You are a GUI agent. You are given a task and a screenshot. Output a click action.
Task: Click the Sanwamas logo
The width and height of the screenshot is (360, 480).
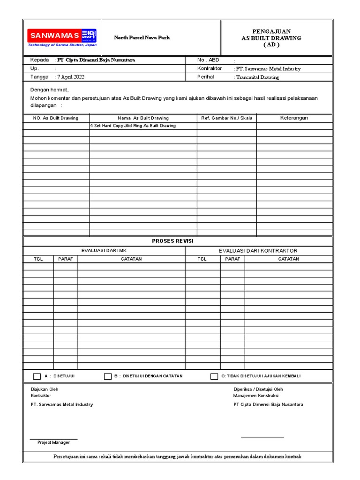click(x=62, y=37)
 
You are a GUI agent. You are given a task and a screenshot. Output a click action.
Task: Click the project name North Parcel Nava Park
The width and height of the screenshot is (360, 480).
click(x=142, y=37)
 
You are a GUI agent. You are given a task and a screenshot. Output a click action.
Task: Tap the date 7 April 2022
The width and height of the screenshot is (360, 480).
click(x=71, y=77)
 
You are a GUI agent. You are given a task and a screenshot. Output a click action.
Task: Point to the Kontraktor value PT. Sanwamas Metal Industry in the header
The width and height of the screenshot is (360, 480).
click(x=268, y=69)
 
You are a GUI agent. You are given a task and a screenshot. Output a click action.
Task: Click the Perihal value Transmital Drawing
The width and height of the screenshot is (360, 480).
click(x=257, y=77)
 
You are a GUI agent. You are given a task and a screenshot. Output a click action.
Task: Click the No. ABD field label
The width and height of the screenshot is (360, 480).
click(x=208, y=60)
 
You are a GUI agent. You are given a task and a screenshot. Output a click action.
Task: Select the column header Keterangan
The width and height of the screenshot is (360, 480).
click(x=294, y=118)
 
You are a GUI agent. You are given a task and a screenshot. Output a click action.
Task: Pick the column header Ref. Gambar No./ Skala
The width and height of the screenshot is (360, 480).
click(x=226, y=118)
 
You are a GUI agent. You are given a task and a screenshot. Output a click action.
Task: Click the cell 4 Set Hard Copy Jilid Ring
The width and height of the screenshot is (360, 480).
click(x=133, y=126)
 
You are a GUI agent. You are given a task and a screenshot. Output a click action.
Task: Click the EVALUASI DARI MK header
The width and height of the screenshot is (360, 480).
click(x=104, y=251)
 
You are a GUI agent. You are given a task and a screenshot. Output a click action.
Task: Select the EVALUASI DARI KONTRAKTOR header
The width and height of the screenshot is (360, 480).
click(x=258, y=251)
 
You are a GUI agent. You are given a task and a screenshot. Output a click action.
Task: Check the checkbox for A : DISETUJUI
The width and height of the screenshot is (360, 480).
click(x=37, y=376)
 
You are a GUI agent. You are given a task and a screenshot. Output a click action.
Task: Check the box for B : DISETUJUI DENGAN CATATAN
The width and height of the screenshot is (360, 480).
click(x=108, y=376)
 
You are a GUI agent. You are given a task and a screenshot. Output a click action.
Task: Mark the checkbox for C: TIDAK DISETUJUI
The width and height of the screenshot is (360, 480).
click(x=214, y=376)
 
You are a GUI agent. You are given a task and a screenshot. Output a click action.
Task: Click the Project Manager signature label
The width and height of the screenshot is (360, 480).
click(x=54, y=442)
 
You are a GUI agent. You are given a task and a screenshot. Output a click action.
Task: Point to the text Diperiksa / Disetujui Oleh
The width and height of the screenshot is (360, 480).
click(x=258, y=390)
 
